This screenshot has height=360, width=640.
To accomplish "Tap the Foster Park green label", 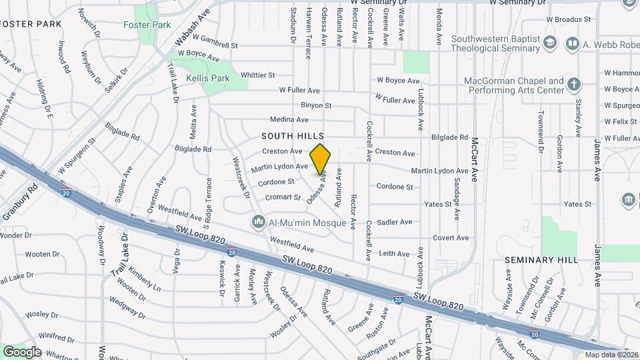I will pyautogui.click(x=147, y=25).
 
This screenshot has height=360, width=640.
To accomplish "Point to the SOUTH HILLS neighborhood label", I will pyautogui.click(x=292, y=135).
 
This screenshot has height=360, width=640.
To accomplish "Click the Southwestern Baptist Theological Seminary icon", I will pyautogui.click(x=550, y=44).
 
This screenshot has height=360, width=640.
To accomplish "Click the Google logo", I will pyautogui.click(x=21, y=352).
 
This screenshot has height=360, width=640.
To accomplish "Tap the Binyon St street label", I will pyautogui.click(x=316, y=105).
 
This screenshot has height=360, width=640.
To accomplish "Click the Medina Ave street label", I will pyautogui.click(x=289, y=120).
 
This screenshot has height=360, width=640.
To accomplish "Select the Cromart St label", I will pyautogui.click(x=283, y=197).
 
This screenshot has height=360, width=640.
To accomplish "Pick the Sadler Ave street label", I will pyautogui.click(x=395, y=222).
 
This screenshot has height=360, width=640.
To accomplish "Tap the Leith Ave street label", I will pyautogui.click(x=394, y=253).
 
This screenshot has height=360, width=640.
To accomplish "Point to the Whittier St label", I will pyautogui.click(x=258, y=75).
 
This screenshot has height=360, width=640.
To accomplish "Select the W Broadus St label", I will pyautogui.click(x=569, y=19).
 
